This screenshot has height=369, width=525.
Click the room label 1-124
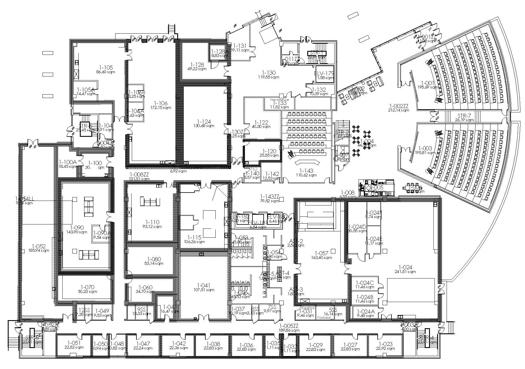(x=204, y=121)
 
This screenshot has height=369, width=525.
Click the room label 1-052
(x=39, y=246)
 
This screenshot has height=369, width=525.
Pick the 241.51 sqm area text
(x=405, y=272)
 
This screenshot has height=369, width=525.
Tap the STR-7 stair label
(x=464, y=116)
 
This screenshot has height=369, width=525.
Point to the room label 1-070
(x=87, y=287)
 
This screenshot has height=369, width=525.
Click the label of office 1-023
(x=385, y=344)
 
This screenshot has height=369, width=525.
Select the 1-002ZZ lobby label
(x=398, y=106)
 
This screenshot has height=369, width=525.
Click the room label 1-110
(x=153, y=222)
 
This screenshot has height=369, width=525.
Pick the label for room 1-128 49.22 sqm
(x=197, y=65)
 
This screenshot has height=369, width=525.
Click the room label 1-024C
(x=364, y=283)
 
